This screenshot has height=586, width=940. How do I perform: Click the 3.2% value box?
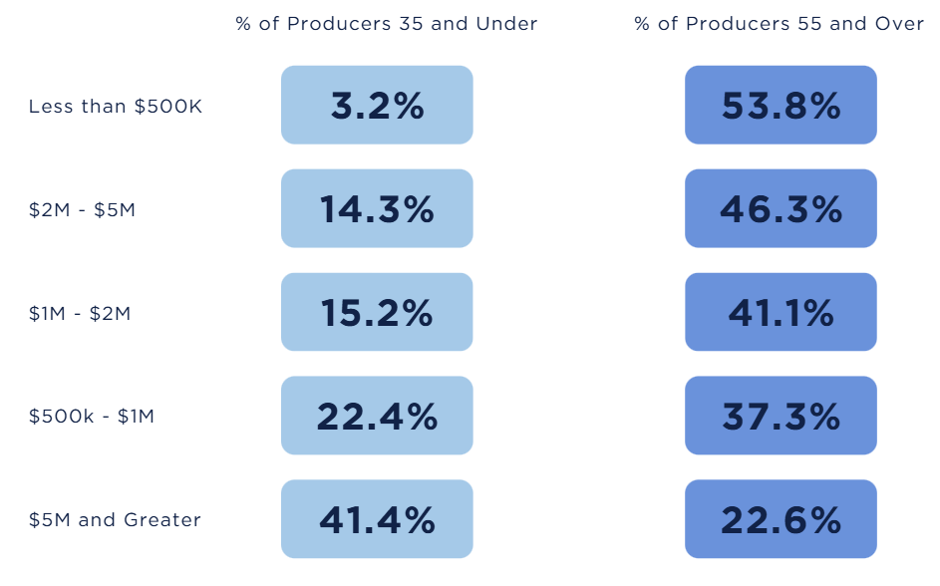pyautogui.click(x=377, y=105)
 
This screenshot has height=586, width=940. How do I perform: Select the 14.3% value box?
pyautogui.click(x=377, y=208)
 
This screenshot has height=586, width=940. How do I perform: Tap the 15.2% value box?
pyautogui.click(x=377, y=312)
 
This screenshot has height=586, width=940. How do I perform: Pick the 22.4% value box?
pyautogui.click(x=377, y=416)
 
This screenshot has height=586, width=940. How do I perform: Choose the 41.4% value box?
pyautogui.click(x=377, y=519)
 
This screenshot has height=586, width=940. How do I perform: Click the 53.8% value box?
pyautogui.click(x=781, y=105)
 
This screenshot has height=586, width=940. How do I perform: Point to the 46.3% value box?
pyautogui.click(x=781, y=208)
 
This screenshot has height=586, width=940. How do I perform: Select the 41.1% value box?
pyautogui.click(x=781, y=312)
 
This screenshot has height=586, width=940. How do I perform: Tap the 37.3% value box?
pyautogui.click(x=781, y=416)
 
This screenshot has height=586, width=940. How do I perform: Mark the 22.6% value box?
pyautogui.click(x=781, y=519)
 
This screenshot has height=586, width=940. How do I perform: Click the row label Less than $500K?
pyautogui.click(x=116, y=107)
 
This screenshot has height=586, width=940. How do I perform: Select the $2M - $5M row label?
pyautogui.click(x=82, y=210)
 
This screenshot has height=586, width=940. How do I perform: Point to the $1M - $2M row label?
pyautogui.click(x=80, y=314)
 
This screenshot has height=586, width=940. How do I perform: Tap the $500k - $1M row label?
pyautogui.click(x=92, y=417)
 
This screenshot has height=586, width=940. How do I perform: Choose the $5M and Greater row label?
pyautogui.click(x=115, y=520)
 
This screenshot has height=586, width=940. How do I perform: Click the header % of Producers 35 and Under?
pyautogui.click(x=387, y=24)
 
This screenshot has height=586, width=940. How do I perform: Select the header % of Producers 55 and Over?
pyautogui.click(x=780, y=24)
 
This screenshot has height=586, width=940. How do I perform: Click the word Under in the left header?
pyautogui.click(x=508, y=24)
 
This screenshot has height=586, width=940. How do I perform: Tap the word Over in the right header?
pyautogui.click(x=900, y=24)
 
